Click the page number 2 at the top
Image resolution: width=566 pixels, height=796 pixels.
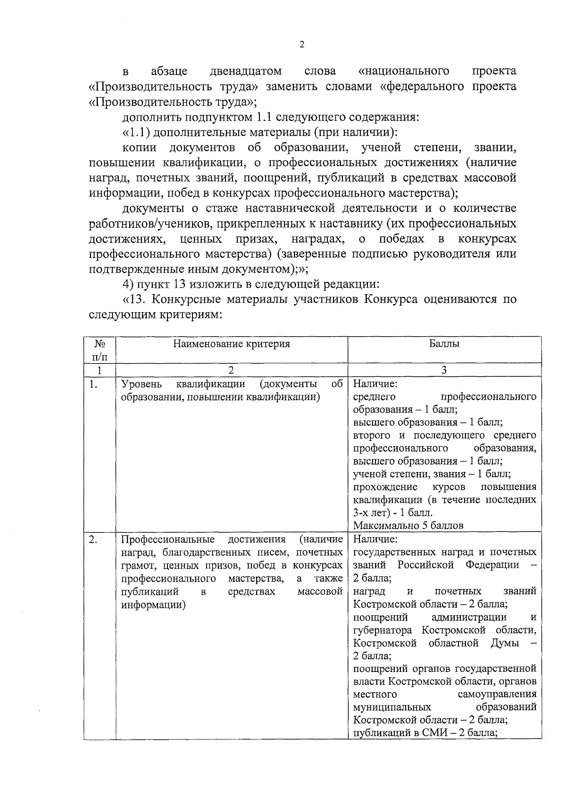click(x=302, y=45)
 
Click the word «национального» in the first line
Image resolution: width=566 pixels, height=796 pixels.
click(x=404, y=71)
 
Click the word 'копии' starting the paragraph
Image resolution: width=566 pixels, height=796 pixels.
click(x=140, y=148)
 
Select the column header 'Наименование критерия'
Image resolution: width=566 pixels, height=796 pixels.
click(x=231, y=344)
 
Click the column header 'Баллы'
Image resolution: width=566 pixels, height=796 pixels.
click(x=444, y=344)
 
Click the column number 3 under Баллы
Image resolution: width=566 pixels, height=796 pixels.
click(x=444, y=370)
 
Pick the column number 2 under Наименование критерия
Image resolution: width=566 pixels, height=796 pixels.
click(x=231, y=370)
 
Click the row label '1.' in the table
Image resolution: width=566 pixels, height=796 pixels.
click(x=93, y=385)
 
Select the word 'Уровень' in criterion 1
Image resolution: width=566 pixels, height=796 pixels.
click(x=141, y=384)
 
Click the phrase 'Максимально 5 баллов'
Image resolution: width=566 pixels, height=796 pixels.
click(x=408, y=525)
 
